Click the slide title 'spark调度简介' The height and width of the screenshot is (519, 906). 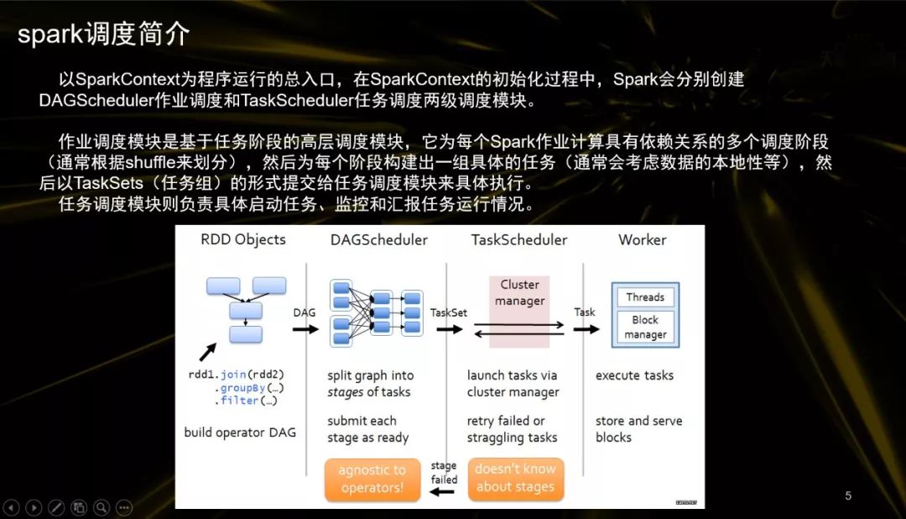(103, 35)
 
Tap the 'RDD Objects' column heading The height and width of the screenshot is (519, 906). (243, 240)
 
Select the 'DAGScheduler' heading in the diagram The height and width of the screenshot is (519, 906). (379, 240)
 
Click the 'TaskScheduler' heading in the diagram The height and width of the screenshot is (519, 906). (519, 240)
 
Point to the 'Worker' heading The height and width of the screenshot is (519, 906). (643, 240)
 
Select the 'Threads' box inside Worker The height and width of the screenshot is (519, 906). (645, 297)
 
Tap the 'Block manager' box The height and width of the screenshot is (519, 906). (645, 327)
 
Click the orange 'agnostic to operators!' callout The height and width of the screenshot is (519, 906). (372, 480)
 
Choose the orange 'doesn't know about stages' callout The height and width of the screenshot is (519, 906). (515, 478)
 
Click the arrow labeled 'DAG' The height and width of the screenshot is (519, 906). (306, 328)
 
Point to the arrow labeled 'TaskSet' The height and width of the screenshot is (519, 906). (450, 328)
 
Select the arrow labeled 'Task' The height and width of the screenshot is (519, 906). (586, 328)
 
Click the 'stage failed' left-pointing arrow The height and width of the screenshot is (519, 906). (441, 491)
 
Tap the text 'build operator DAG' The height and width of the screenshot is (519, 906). (240, 433)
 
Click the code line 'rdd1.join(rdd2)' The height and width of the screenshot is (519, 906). (237, 375)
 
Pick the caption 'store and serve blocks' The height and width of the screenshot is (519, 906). (638, 428)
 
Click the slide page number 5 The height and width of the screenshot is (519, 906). (848, 495)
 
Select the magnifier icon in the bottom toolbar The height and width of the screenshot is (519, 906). (102, 507)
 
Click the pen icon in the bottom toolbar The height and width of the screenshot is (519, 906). (56, 507)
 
